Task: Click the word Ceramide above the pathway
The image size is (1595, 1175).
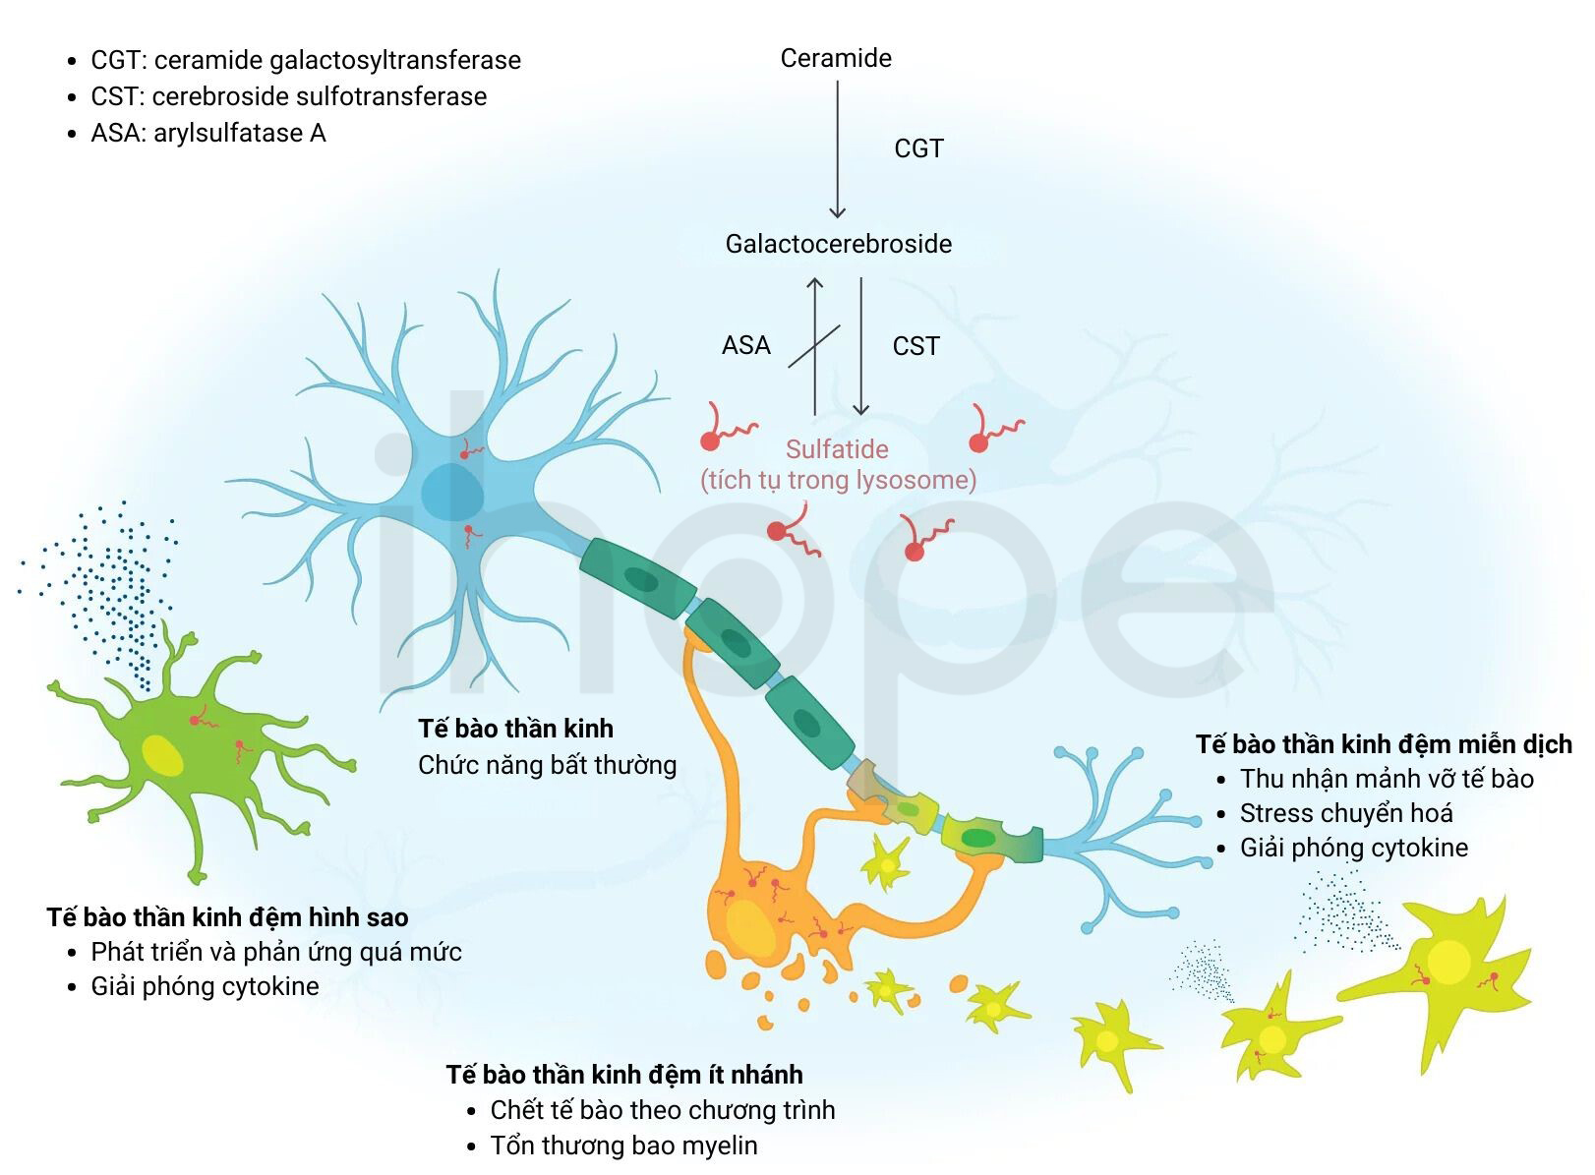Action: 836,58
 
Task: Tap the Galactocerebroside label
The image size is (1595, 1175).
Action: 838,244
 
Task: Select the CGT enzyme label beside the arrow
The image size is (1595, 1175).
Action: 918,148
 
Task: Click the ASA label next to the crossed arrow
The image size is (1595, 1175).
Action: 746,345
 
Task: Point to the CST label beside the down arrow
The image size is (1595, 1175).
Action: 916,346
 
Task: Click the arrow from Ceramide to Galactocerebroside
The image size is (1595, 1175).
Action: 838,148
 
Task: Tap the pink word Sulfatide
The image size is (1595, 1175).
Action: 837,449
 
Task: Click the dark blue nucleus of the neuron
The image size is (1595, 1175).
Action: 452,492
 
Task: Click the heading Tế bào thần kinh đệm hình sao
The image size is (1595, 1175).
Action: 228,917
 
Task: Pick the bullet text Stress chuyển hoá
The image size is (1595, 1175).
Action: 1346,813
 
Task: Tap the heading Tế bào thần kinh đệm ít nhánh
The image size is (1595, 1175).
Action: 624,1075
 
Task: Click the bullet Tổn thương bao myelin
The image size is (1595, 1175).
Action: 623,1146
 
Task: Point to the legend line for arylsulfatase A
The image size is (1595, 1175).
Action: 207,133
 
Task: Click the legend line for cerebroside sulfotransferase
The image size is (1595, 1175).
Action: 288,96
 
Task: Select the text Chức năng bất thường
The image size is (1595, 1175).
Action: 547,765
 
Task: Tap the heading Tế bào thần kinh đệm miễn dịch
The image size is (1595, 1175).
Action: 1384,744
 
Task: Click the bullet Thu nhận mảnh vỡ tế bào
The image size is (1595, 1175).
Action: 1388,779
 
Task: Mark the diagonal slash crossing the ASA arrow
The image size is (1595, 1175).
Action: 814,347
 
